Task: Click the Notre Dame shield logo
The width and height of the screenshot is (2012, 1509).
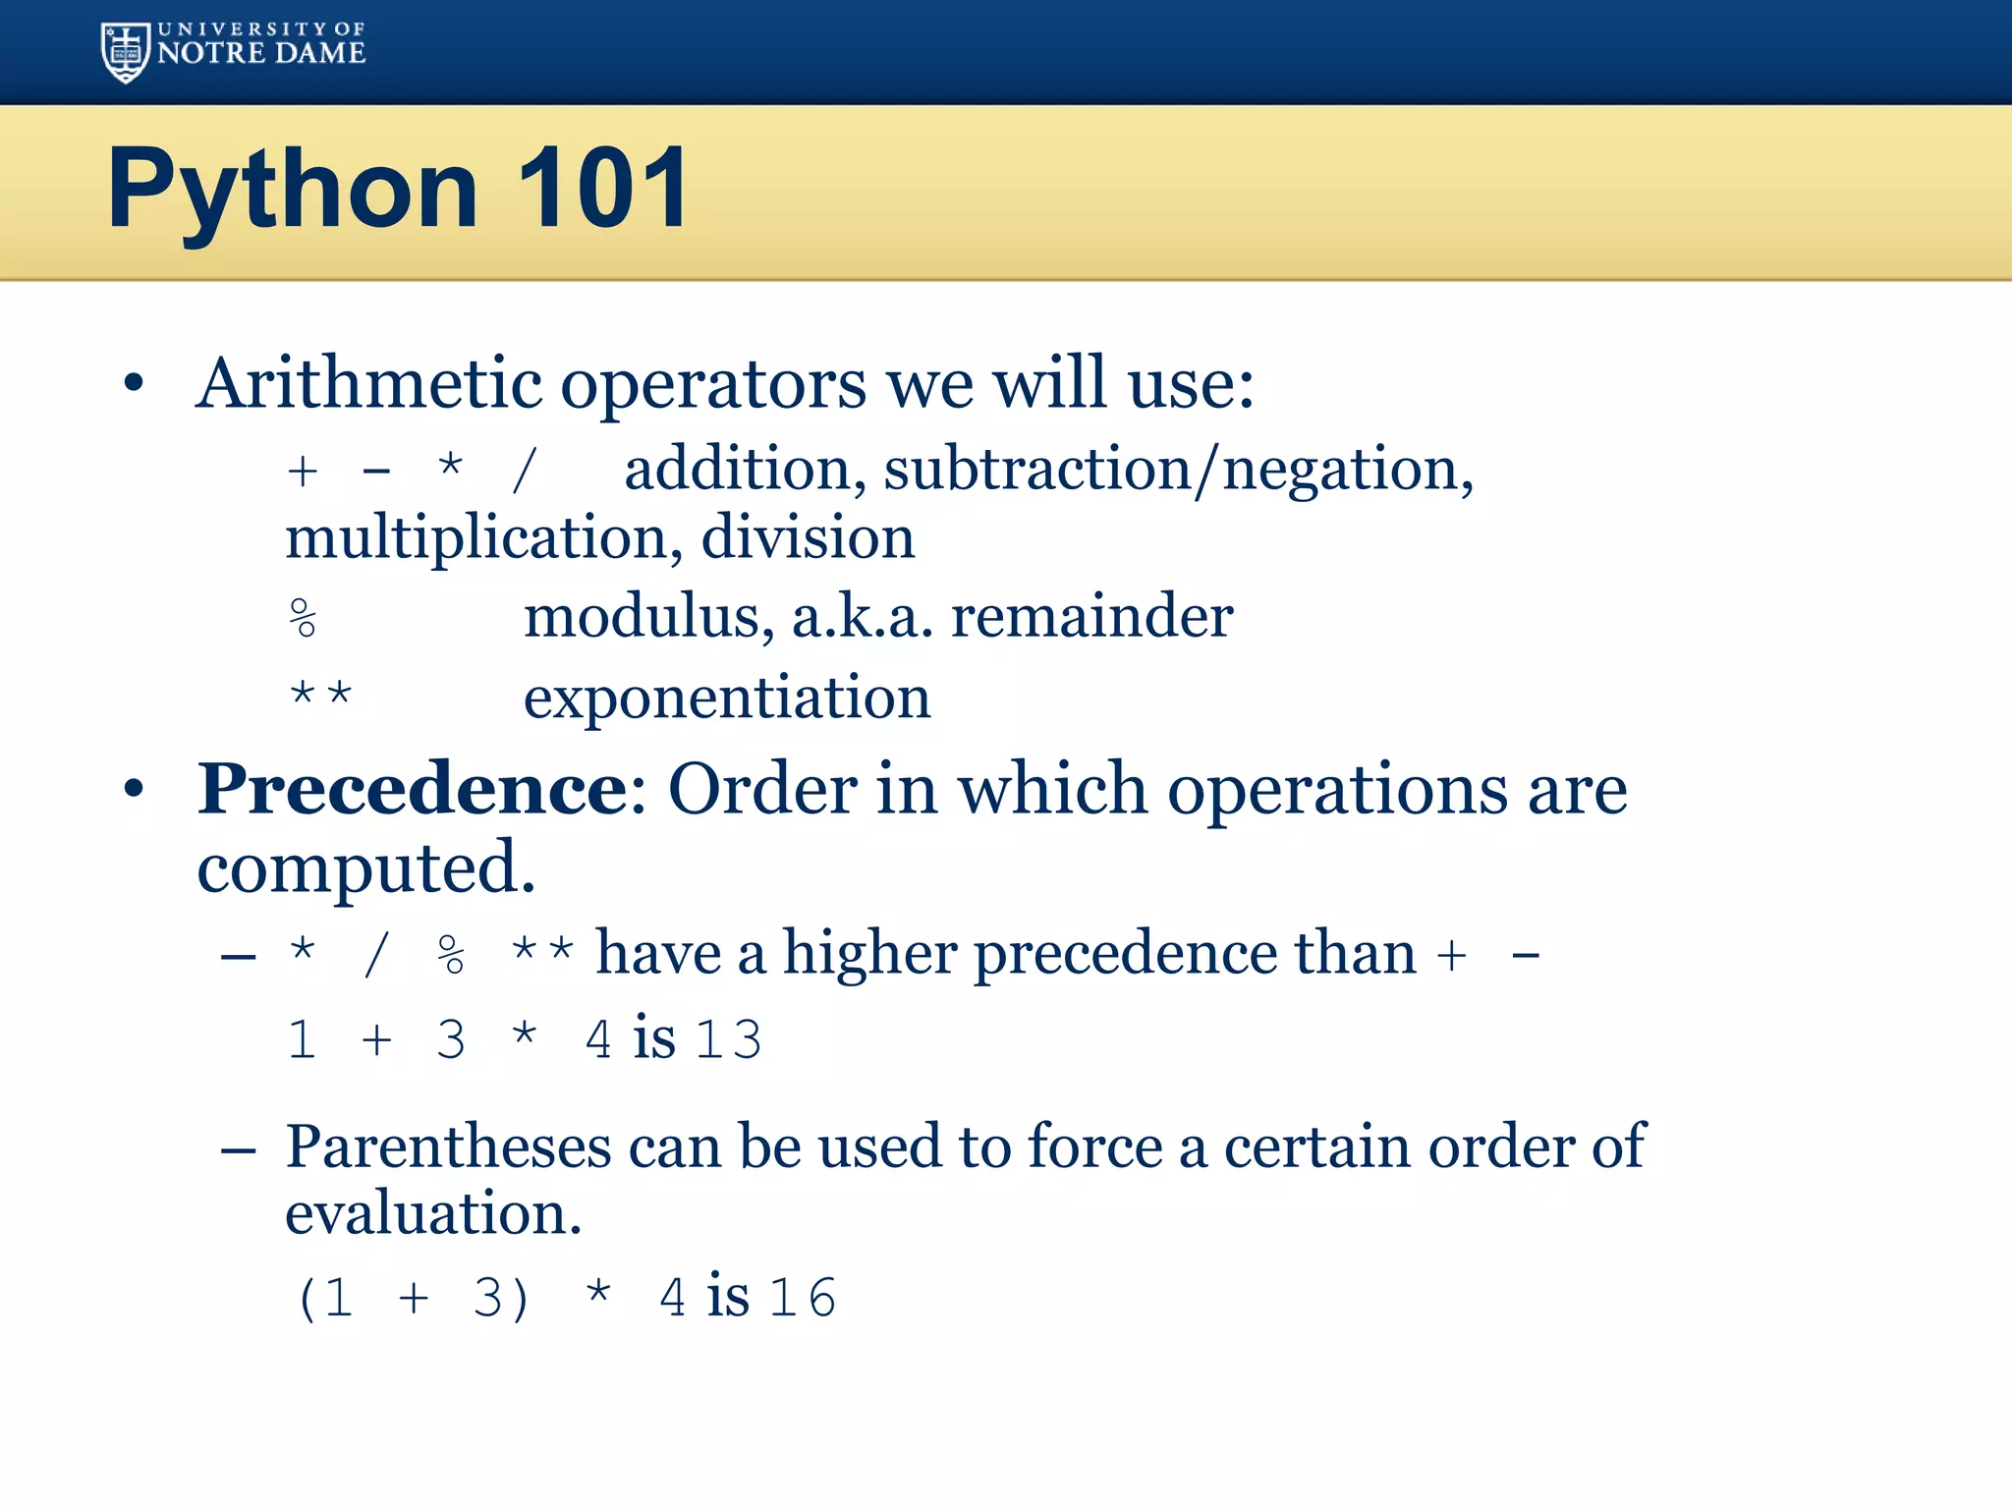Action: pos(126,51)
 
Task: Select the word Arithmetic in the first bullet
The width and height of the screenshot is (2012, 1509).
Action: pos(368,383)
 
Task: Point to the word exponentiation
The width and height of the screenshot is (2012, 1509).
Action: pos(727,698)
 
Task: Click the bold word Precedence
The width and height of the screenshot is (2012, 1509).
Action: pos(413,788)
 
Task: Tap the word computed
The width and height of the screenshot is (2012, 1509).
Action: pos(365,868)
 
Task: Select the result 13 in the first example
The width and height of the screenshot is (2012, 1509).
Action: pos(728,1039)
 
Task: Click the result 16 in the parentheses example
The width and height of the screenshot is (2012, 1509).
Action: pos(803,1297)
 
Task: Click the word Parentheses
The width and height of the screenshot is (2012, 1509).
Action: pos(448,1146)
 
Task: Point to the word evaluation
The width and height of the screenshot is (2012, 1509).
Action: pos(432,1213)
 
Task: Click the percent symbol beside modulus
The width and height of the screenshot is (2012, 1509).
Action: pos(304,618)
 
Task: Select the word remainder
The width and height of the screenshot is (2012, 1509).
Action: pos(1091,617)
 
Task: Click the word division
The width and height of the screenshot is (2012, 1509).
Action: pos(808,537)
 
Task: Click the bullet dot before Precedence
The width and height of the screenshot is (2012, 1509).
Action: pos(135,788)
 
